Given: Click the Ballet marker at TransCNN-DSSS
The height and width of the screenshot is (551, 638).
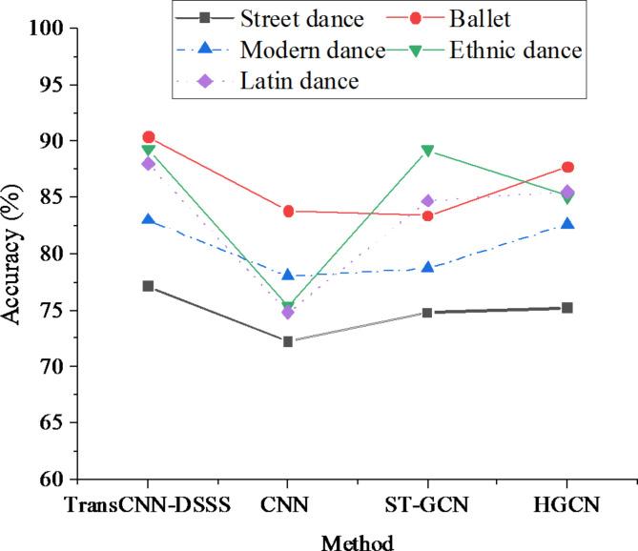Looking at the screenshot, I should point(148,137).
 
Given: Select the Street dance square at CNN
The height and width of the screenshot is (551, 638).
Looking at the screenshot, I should point(287,341).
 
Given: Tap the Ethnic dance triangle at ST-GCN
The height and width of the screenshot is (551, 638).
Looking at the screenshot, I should point(427,151).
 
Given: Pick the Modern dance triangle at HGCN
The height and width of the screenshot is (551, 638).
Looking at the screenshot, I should point(567,224).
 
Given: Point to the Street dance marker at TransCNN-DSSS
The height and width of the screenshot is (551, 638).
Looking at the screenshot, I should point(148,286).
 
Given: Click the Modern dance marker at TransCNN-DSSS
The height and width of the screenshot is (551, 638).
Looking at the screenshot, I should point(148,219).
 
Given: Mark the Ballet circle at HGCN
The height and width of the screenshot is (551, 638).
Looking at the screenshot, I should point(567,167).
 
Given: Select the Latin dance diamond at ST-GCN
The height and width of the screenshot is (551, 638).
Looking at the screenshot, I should point(427,201).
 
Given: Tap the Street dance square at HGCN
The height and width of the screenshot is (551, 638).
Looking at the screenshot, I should point(567,308).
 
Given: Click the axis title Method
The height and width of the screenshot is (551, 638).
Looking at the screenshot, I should point(357,541).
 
